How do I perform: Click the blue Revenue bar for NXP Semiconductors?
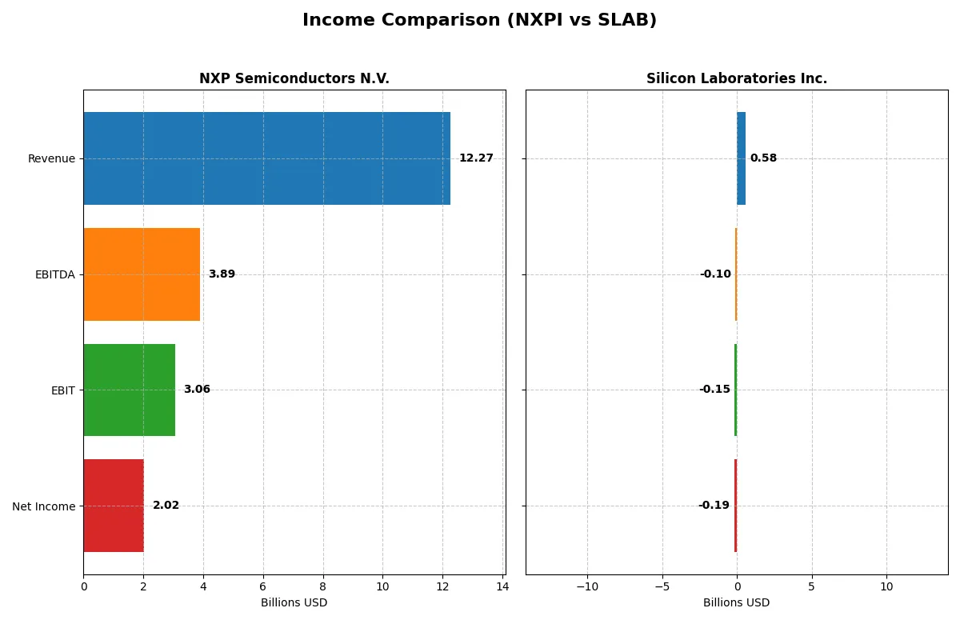click(x=266, y=158)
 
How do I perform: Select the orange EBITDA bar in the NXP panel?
click(x=142, y=274)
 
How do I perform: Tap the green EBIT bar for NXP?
click(x=129, y=390)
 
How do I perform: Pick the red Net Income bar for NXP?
click(x=114, y=506)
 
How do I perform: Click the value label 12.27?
click(x=476, y=158)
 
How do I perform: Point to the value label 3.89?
click(x=222, y=274)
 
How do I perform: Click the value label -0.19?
click(x=714, y=506)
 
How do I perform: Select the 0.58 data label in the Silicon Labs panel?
click(x=763, y=158)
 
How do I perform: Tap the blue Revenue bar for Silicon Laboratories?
click(x=741, y=158)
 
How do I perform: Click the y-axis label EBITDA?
click(x=54, y=274)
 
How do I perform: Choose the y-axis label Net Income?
click(x=43, y=506)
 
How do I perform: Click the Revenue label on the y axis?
click(x=51, y=158)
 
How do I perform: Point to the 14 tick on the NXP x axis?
click(x=502, y=586)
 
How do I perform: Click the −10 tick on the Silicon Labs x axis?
click(x=586, y=586)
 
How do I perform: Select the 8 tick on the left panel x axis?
click(x=323, y=586)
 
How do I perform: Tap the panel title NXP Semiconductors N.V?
click(x=294, y=78)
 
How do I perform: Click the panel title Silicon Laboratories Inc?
click(x=737, y=78)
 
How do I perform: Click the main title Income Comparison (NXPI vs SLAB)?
click(x=479, y=21)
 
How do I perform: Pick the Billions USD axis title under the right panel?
click(x=736, y=602)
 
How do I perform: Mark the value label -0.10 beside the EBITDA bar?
click(x=715, y=274)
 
